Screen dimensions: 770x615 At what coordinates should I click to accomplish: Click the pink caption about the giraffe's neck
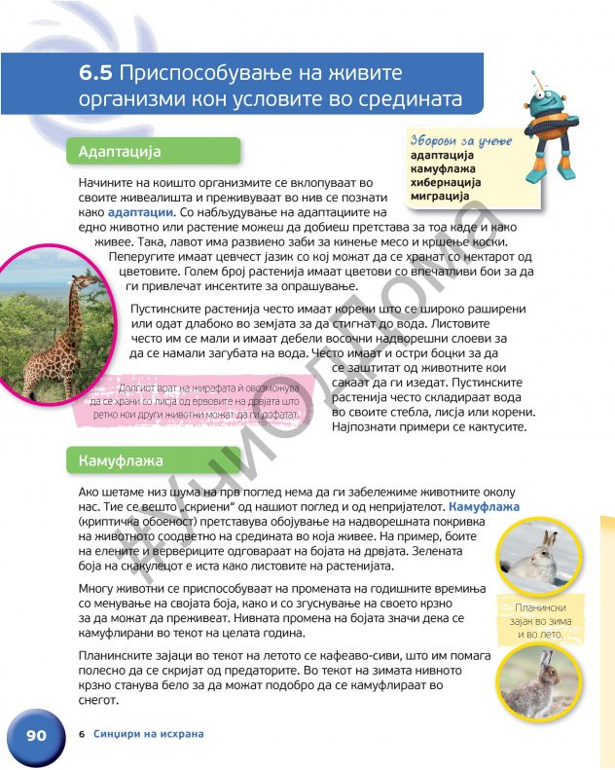[203, 399]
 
